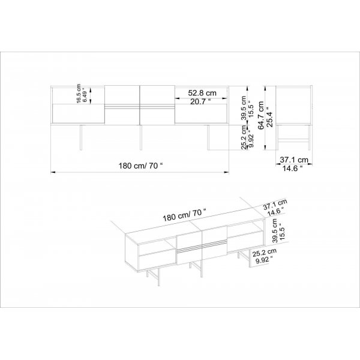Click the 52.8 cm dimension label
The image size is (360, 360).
click(202, 93)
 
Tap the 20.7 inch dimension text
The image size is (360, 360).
click(200, 101)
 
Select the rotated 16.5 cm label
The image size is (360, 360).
click(79, 94)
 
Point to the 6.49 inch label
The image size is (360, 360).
click(85, 95)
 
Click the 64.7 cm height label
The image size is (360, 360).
click(261, 116)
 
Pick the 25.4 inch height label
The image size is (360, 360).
click(269, 117)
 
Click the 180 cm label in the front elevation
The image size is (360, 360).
click(140, 166)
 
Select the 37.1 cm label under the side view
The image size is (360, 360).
click(294, 160)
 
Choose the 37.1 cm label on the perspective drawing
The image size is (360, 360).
click(275, 204)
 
